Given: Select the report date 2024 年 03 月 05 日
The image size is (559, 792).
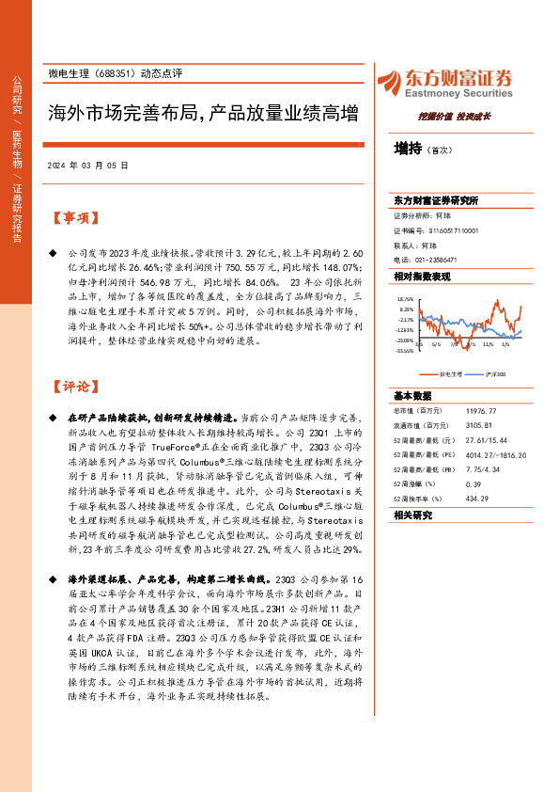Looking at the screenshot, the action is [x=86, y=164].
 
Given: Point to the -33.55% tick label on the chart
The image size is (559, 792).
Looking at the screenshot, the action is [x=406, y=353].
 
